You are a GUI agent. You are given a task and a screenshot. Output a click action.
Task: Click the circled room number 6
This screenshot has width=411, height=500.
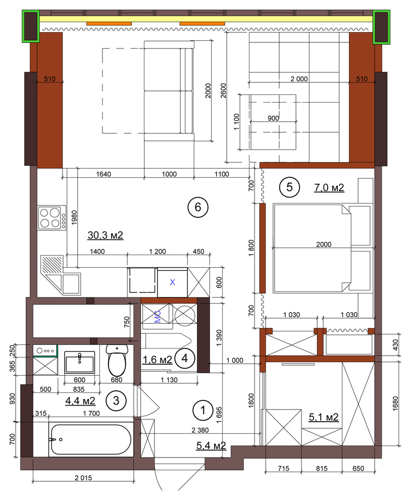click(198, 207)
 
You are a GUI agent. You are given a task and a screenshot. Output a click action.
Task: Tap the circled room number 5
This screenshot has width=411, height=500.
click(289, 187)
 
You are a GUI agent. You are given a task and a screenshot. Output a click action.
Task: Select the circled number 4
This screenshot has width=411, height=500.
click(185, 359)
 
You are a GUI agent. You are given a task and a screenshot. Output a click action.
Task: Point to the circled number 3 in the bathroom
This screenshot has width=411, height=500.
click(116, 401)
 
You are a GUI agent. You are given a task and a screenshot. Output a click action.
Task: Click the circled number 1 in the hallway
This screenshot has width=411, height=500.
click(203, 410)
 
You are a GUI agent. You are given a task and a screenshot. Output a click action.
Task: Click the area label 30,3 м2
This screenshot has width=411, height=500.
click(105, 235)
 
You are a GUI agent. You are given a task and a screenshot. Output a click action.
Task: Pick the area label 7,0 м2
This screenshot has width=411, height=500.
click(329, 187)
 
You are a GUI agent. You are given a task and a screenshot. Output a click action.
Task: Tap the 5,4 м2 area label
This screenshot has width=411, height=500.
click(211, 445)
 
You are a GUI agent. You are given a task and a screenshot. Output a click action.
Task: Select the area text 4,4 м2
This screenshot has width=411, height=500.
click(80, 401)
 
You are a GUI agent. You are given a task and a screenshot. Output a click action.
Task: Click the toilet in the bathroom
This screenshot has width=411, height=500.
click(117, 360)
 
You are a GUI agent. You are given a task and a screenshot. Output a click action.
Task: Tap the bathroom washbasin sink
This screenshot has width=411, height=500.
click(80, 362)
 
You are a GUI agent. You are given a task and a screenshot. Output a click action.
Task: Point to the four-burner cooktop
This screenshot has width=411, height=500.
click(52, 218)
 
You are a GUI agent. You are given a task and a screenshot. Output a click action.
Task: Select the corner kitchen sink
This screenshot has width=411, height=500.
click(61, 275)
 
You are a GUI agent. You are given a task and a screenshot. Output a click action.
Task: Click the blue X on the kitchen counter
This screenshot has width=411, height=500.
click(173, 282)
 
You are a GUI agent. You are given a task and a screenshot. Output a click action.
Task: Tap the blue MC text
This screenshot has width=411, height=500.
click(158, 317)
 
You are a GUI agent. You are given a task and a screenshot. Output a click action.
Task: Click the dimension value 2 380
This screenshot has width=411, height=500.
click(200, 430)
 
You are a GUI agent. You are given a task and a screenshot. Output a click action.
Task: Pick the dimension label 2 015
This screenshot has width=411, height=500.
click(83, 478)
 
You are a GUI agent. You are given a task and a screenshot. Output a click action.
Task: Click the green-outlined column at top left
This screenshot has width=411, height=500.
click(31, 26)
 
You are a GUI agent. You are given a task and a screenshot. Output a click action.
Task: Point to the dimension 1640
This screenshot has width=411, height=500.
click(104, 174)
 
